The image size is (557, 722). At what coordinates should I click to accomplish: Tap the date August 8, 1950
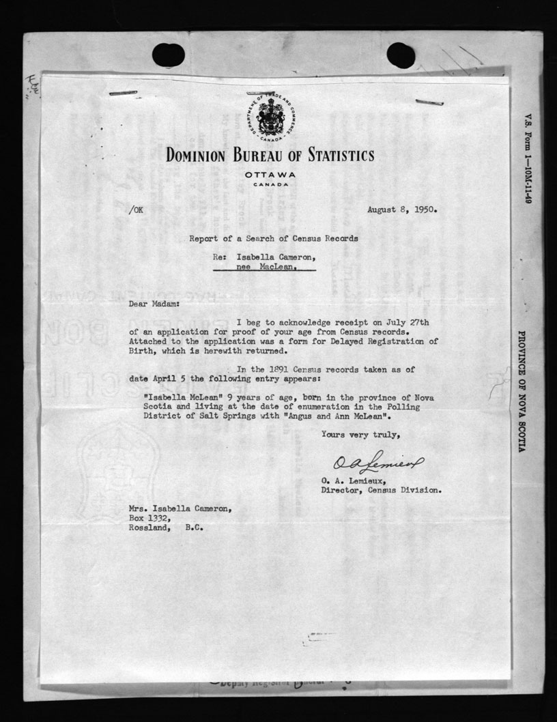402,210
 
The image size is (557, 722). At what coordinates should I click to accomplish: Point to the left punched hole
168,55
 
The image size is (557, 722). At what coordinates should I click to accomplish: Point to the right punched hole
401,55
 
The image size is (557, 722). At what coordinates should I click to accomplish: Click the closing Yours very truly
361,435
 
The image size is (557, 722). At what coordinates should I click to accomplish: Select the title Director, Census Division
381,489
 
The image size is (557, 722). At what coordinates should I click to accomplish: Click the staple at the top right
430,103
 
